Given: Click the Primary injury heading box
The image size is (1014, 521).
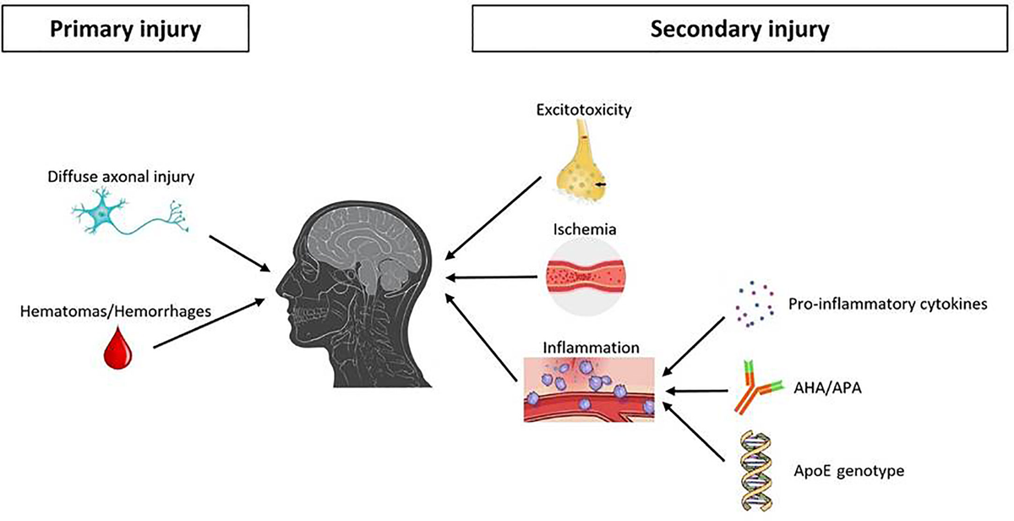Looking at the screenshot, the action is click(x=125, y=29).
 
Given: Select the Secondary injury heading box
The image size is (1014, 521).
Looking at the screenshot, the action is click(x=739, y=29).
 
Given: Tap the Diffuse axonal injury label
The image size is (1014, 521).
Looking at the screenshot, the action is click(x=121, y=176).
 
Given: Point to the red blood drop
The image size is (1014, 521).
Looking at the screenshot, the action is click(x=118, y=348).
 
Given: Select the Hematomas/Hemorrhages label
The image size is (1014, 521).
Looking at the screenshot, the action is click(x=116, y=311).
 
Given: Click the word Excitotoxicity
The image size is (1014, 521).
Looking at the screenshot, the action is click(x=584, y=110).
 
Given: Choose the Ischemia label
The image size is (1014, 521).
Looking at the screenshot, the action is click(x=585, y=229).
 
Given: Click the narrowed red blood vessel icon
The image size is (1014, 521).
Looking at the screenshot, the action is click(x=586, y=276).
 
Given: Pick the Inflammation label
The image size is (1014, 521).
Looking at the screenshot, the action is click(x=591, y=348).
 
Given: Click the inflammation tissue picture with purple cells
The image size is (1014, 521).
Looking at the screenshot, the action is click(x=589, y=390).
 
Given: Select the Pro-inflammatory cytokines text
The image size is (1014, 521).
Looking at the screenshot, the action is click(x=888, y=304).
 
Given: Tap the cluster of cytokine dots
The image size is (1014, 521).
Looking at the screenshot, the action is click(x=754, y=304).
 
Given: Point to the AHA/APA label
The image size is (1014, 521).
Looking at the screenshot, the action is click(x=827, y=388).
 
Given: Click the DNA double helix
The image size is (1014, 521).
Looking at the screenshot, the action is click(x=755, y=471).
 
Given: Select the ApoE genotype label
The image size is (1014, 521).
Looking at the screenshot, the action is click(x=848, y=471).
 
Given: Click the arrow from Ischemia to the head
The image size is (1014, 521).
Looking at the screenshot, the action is click(x=491, y=277).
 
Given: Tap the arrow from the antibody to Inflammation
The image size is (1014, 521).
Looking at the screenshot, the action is click(x=696, y=391).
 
